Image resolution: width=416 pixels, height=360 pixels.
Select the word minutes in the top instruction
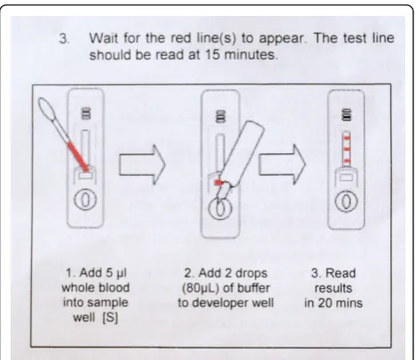pos(251,55)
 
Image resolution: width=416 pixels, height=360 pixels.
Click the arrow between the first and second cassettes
pos(142,165)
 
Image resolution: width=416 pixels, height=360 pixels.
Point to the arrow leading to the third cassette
pos(282,165)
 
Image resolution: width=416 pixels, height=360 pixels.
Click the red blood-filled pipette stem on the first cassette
pos(78,157)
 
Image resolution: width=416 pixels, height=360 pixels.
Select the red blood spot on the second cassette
pos(218,183)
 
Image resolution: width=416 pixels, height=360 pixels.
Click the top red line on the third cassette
pos(347,138)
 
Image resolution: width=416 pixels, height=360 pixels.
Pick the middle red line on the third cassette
pos(347,149)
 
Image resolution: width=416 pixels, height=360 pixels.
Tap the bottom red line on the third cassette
pos(347,161)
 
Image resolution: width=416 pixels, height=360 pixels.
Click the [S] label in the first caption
pos(110,317)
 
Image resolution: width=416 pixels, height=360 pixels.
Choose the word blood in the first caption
pos(114,287)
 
